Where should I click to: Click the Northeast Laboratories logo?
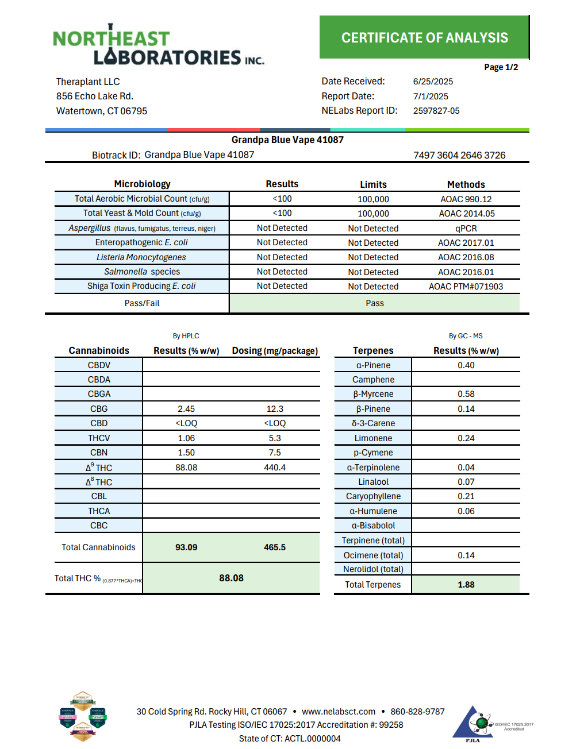coord(158,45)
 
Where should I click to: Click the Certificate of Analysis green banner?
coord(424,37)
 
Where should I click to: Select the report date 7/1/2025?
coord(431,96)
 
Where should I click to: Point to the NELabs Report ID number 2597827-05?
coord(436,111)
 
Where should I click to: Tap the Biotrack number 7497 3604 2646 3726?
coord(459,155)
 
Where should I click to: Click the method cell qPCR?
coord(466,229)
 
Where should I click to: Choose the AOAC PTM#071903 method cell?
coord(466,287)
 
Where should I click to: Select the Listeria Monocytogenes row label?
coord(141,257)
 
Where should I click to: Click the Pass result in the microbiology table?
coord(374,303)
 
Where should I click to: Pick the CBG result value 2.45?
coord(186,409)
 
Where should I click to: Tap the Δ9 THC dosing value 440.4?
coord(275,468)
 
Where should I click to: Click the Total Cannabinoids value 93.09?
coord(186,547)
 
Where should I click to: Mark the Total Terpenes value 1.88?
coord(466,585)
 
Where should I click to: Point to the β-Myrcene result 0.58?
coord(466,394)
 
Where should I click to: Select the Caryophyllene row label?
coord(373,496)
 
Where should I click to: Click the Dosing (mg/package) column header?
coord(275,351)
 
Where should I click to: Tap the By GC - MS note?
coord(466,336)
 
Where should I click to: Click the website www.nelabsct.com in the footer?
coord(339,712)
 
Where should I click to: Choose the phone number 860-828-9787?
coord(417,712)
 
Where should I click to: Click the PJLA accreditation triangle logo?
coord(473,724)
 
